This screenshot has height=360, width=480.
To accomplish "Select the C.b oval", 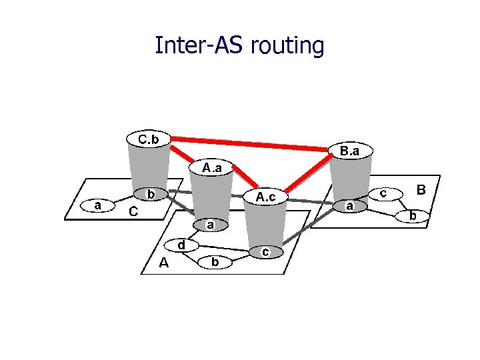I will click(148, 139).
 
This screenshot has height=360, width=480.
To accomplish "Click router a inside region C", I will click(98, 205).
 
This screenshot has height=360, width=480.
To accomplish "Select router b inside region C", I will click(151, 194).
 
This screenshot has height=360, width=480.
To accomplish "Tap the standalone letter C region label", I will click(134, 212).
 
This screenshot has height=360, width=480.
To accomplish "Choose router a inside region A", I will click(209, 225).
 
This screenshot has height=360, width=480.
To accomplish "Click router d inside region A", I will click(181, 245).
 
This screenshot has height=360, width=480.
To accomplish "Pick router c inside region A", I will click(265, 252).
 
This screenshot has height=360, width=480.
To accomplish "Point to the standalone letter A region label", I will click(164, 263).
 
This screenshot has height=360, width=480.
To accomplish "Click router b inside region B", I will click(413, 215).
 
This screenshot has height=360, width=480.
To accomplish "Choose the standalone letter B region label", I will click(421, 190).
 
